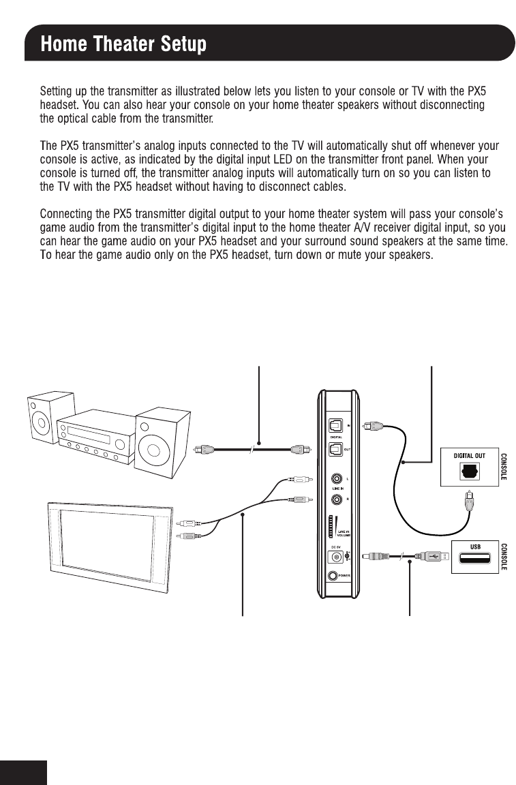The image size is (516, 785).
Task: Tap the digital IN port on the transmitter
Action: [x=335, y=424]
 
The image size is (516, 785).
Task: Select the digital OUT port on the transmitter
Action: [x=335, y=448]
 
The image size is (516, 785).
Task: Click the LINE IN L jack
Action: [x=335, y=479]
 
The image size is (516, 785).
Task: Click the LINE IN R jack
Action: [x=335, y=499]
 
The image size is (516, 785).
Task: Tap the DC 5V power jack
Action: [x=336, y=557]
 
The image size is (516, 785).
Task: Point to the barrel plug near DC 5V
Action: [x=375, y=557]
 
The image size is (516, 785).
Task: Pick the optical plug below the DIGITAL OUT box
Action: [x=469, y=504]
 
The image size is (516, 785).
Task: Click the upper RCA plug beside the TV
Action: [x=187, y=523]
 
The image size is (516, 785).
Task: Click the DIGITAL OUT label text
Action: [x=470, y=455]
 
